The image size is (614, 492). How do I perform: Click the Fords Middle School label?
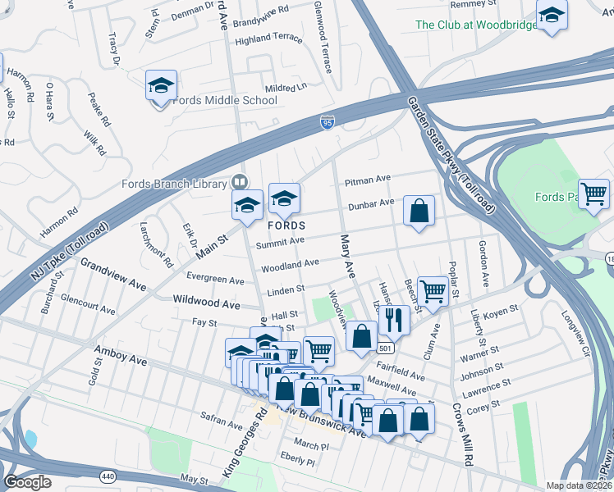coord(225,101)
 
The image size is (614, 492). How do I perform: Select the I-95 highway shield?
coord(328,123)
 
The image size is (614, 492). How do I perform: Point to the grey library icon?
coord(240,182)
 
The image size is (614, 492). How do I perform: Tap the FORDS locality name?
coord(286,225)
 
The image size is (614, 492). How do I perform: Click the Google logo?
coord(27,482)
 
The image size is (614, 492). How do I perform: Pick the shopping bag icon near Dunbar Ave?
coord(419,212)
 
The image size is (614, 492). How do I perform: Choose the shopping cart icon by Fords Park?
coord(593,194)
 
